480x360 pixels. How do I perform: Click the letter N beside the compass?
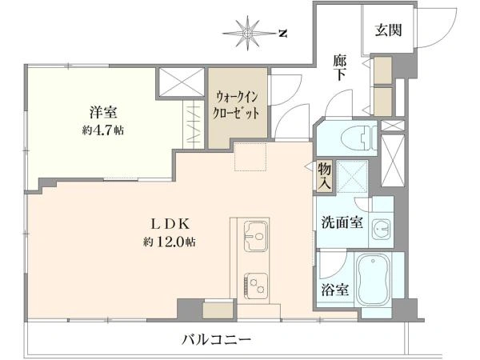tap(282, 33)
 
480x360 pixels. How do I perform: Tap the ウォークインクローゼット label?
tap(237, 105)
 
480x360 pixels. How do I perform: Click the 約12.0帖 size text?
tap(170, 242)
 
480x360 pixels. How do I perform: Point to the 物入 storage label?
tap(324, 176)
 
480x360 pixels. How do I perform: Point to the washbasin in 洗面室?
tap(383, 229)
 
